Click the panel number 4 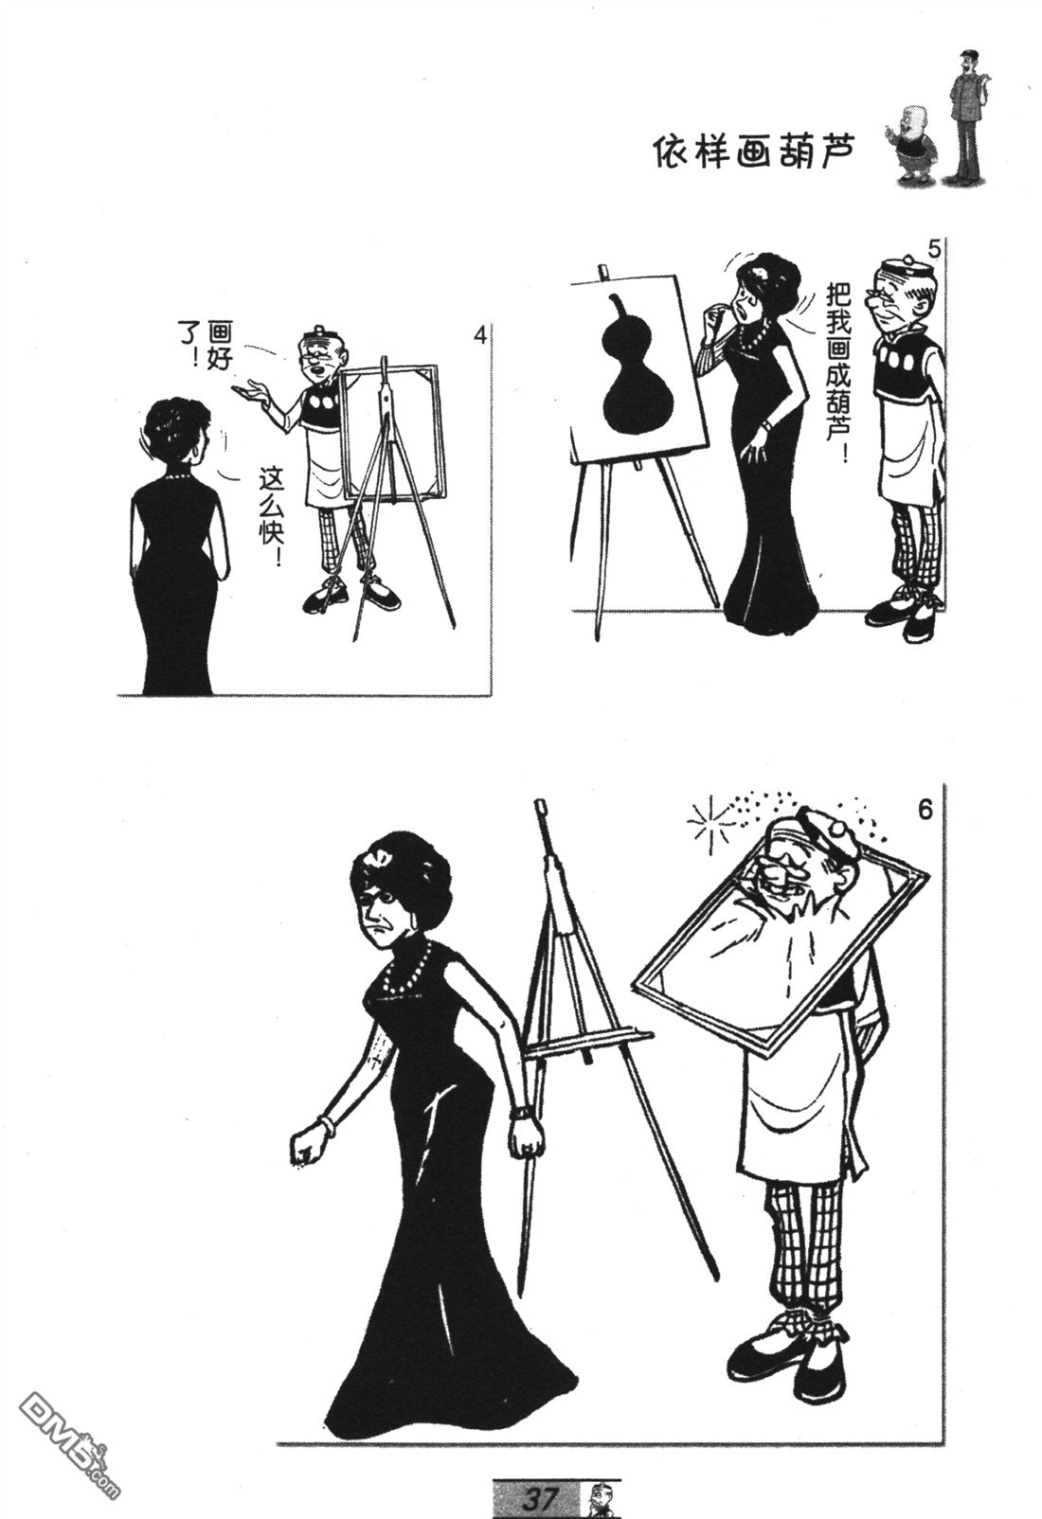tap(480, 335)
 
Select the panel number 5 tap(934, 250)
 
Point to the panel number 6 tap(926, 811)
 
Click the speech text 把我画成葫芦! tap(838, 372)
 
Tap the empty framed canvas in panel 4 tap(392, 433)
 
